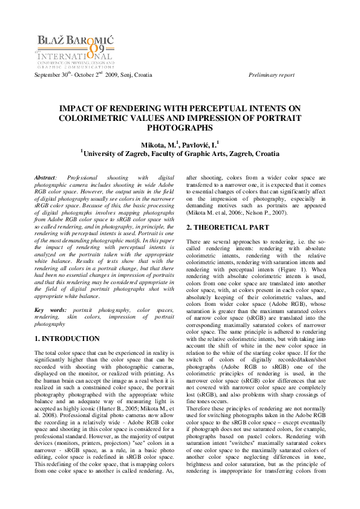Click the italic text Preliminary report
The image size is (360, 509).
(x=272, y=75)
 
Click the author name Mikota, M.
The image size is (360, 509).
(x=159, y=146)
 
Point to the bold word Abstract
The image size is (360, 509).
(x=45, y=177)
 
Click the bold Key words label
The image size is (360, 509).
(x=48, y=310)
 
